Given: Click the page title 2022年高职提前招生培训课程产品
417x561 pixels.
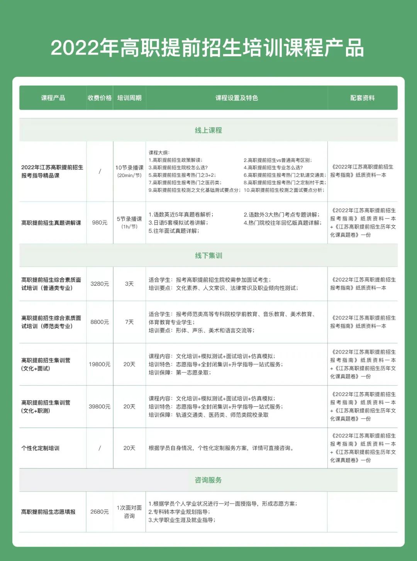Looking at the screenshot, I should (x=207, y=48).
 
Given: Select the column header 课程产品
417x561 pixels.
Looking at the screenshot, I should (x=53, y=98).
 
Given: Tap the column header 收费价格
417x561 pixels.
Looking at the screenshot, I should (x=100, y=98).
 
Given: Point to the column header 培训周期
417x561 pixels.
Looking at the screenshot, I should (x=129, y=98).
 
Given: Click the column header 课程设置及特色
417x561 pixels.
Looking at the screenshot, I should (x=236, y=98).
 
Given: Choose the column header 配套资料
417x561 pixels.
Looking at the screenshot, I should (x=362, y=98).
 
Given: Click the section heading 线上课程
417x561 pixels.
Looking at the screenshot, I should (x=208, y=130).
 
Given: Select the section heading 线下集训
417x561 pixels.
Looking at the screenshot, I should (x=208, y=256).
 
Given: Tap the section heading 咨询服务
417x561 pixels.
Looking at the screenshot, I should (x=208, y=480).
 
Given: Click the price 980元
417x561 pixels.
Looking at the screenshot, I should (x=100, y=222).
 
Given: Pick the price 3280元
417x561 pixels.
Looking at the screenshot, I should (x=100, y=284).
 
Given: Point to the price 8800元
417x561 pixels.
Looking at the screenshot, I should (x=100, y=322).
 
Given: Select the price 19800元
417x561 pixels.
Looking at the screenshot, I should (x=100, y=364).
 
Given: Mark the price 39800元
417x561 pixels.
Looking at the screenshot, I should (x=100, y=407).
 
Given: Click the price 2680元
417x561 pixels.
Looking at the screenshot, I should (x=100, y=512).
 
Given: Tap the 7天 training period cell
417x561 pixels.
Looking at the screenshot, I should (x=129, y=322).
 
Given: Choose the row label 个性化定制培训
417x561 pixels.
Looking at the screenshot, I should (x=41, y=448).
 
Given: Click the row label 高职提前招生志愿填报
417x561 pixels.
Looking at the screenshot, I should (x=48, y=512).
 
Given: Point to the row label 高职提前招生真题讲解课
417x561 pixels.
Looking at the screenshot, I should (x=51, y=222).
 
